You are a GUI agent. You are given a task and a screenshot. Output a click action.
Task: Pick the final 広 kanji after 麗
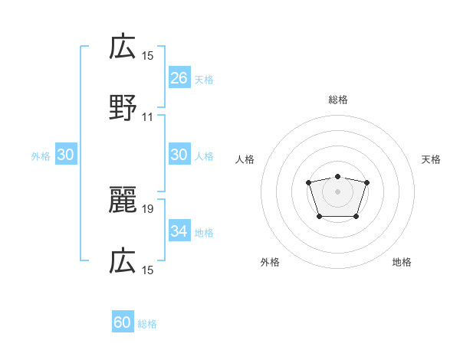coord(123,262)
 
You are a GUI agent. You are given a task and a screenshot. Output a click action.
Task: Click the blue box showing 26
coord(179,77)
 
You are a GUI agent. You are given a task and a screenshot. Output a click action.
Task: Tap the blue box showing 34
coord(179,231)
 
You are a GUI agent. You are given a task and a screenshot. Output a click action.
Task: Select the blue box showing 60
coord(123,322)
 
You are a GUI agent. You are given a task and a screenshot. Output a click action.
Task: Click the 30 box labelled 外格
coord(66,155)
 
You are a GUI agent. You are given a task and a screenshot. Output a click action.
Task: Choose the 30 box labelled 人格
coord(179,155)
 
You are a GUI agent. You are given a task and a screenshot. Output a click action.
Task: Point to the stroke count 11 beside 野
coord(148,117)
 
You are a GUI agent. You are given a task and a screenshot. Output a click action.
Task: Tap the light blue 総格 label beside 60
coord(147,324)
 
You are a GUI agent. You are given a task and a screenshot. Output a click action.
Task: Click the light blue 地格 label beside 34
coord(204,232)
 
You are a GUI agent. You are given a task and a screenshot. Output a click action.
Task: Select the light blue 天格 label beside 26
coord(204,79)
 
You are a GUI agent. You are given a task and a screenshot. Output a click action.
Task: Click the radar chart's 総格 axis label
coord(337,100)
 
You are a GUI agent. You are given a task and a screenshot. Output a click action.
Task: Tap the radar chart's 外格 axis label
coord(270,262)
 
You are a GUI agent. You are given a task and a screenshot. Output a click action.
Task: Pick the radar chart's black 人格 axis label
coord(245,159)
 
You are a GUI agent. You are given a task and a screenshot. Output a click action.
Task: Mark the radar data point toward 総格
coord(337,177)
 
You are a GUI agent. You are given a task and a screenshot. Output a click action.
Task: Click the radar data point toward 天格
coord(366,182)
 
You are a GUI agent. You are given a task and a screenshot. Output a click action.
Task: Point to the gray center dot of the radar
coord(337,191)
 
